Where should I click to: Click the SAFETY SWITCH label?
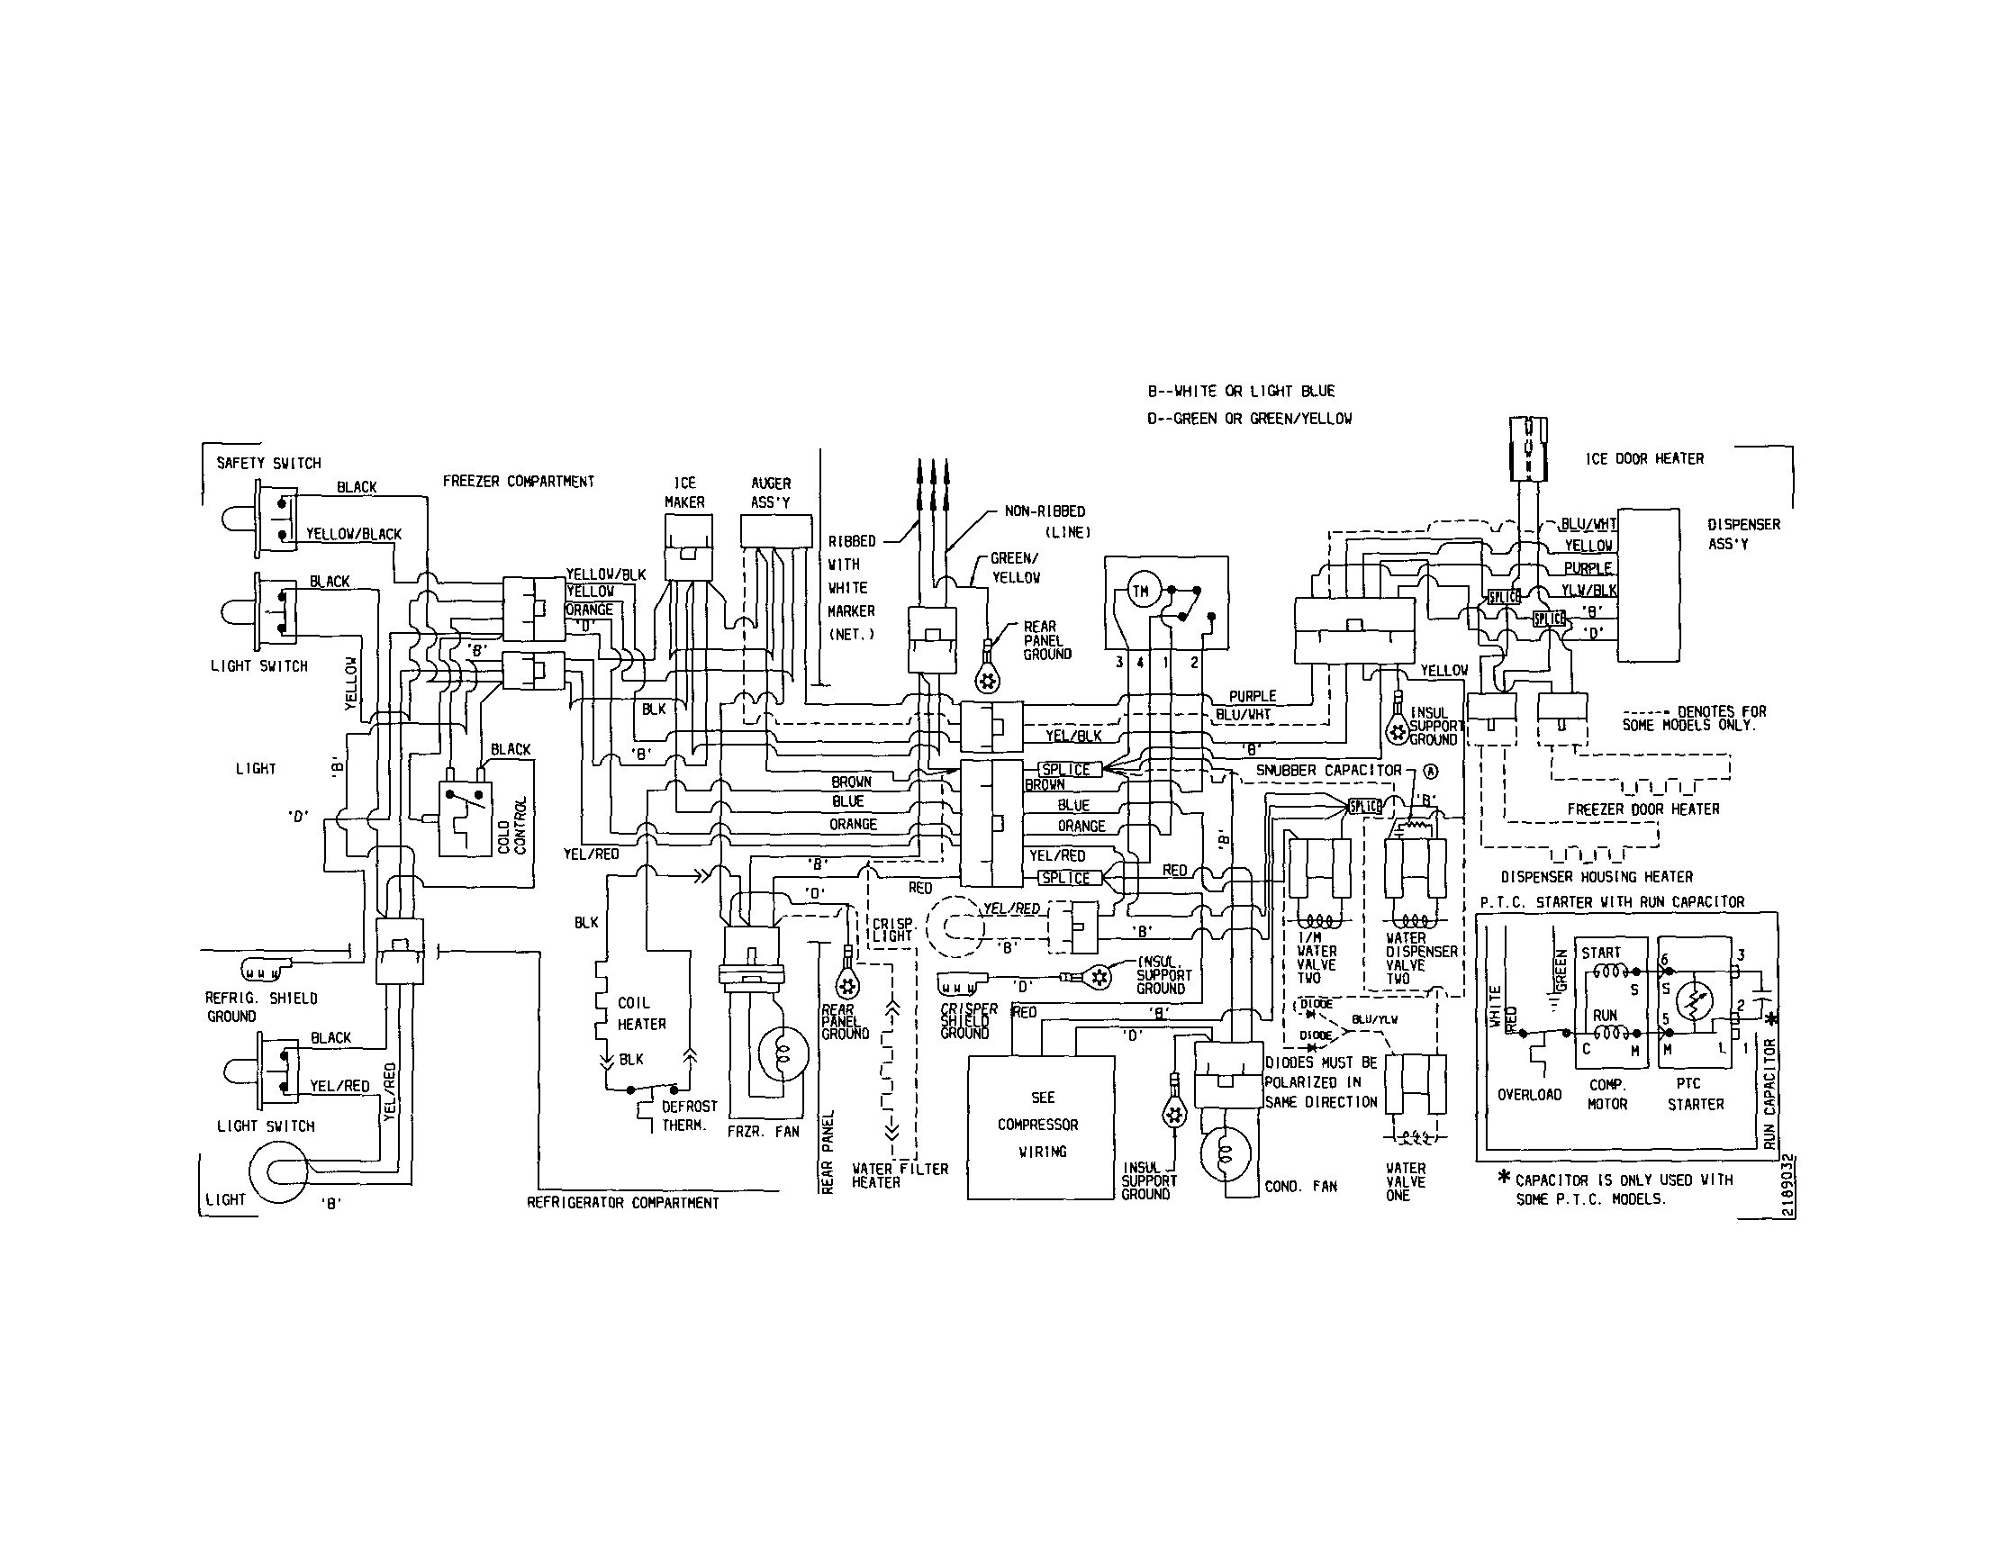point(268,463)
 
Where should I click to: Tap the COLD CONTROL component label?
point(511,826)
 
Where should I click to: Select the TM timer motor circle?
point(1140,592)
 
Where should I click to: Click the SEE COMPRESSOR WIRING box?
point(1041,1126)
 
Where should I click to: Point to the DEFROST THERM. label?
point(689,1116)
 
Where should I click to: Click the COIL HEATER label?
point(641,1013)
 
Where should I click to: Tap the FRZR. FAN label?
point(763,1132)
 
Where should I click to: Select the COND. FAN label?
point(1300,1187)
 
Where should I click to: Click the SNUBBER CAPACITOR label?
point(1328,771)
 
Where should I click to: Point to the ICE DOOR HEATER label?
point(1643,458)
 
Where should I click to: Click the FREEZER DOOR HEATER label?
point(1642,809)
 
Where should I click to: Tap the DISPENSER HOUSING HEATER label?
point(1596,877)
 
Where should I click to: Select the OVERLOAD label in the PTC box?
point(1529,1094)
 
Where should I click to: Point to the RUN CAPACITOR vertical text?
point(1769,1094)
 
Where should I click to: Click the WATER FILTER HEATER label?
point(899,1175)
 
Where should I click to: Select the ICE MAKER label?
point(684,493)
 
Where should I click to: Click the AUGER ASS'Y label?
point(770,493)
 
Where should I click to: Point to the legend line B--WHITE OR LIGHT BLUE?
point(1241,391)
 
